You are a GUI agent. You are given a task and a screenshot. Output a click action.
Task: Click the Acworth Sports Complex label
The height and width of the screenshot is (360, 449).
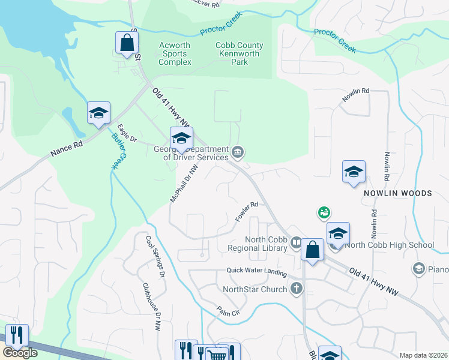coord(175,53)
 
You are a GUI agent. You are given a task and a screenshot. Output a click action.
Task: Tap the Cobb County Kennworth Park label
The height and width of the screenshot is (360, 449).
coord(239,53)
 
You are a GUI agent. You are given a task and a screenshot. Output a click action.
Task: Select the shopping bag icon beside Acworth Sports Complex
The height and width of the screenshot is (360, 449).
coord(127,43)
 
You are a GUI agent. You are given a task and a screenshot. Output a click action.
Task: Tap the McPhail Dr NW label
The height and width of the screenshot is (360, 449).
coord(184,183)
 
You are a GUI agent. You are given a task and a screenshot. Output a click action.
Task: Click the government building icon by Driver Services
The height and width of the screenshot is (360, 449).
coord(238,151)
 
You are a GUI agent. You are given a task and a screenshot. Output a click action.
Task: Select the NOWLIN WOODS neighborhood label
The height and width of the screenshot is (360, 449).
coord(397,193)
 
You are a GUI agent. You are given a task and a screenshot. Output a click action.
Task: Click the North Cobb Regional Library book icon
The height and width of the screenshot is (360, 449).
coord(296,242)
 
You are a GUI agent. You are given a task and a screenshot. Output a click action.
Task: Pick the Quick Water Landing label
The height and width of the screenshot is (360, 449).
coord(256,271)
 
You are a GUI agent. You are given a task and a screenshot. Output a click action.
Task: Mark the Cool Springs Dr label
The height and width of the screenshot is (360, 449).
coord(155,256)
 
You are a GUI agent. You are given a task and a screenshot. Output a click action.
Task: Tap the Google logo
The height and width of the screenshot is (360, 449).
coord(20,353)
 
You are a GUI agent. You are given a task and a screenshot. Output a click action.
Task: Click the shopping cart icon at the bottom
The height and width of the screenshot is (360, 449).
coord(217,355)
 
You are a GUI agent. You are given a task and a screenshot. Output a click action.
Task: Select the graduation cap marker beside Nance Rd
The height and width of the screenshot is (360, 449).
coord(99,113)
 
